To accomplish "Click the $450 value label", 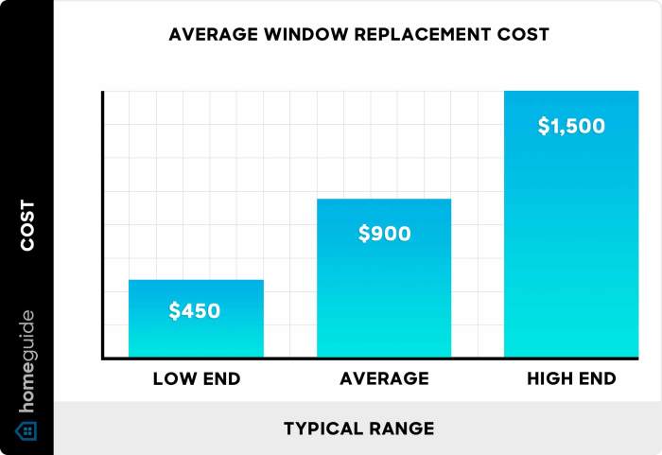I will tap(195, 310).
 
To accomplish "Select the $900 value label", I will tap(385, 234).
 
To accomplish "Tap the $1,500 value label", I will tap(571, 127).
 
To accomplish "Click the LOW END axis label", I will tap(197, 379).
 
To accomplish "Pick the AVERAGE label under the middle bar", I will tap(384, 379).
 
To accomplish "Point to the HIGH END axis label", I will tap(572, 379).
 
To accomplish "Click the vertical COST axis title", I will tap(27, 225).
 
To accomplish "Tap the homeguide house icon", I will tap(27, 430).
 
